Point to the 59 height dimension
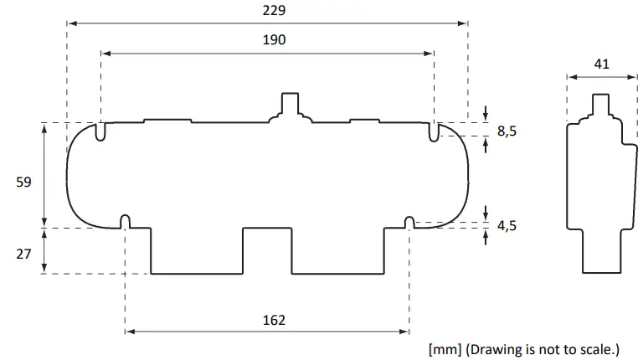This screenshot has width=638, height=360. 24,181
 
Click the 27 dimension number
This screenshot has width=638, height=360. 24,250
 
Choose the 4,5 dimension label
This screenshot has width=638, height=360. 507,227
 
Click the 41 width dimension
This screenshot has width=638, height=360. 601,64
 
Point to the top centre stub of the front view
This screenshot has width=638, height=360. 290,104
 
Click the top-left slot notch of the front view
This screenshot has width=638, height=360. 100,132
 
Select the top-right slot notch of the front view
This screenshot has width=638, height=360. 434,132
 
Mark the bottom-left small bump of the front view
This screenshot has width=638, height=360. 126,221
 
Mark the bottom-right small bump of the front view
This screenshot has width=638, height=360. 409,221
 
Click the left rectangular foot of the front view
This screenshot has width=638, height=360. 197,250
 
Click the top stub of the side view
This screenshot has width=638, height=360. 601,105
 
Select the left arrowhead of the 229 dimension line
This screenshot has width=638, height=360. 71,23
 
